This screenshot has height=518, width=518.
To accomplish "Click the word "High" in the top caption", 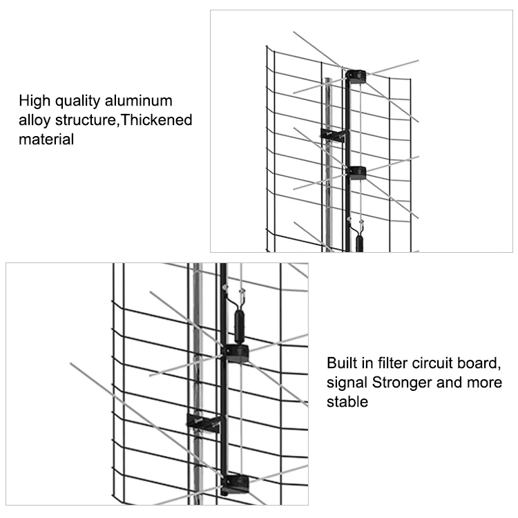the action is pos(35,101).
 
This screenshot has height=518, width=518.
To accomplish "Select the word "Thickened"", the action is pos(156,119).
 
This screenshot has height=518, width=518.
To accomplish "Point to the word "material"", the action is pos(46,139).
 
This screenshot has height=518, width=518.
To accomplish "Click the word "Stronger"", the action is pos(402,383).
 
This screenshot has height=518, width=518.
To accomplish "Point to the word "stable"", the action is pos(347,402).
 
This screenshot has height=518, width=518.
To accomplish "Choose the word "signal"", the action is pos(347,383).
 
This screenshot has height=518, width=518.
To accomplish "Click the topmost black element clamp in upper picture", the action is pos(356,77).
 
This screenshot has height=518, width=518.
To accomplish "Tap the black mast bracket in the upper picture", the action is pos(333,136).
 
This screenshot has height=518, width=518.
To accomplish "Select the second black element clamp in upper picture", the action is pos(358,173).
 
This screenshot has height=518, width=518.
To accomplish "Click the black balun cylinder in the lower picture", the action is pos(239,325).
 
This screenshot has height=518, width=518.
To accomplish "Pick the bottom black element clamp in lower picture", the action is pos(236,484).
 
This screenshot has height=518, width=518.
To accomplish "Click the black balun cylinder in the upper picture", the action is pos(359,243).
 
